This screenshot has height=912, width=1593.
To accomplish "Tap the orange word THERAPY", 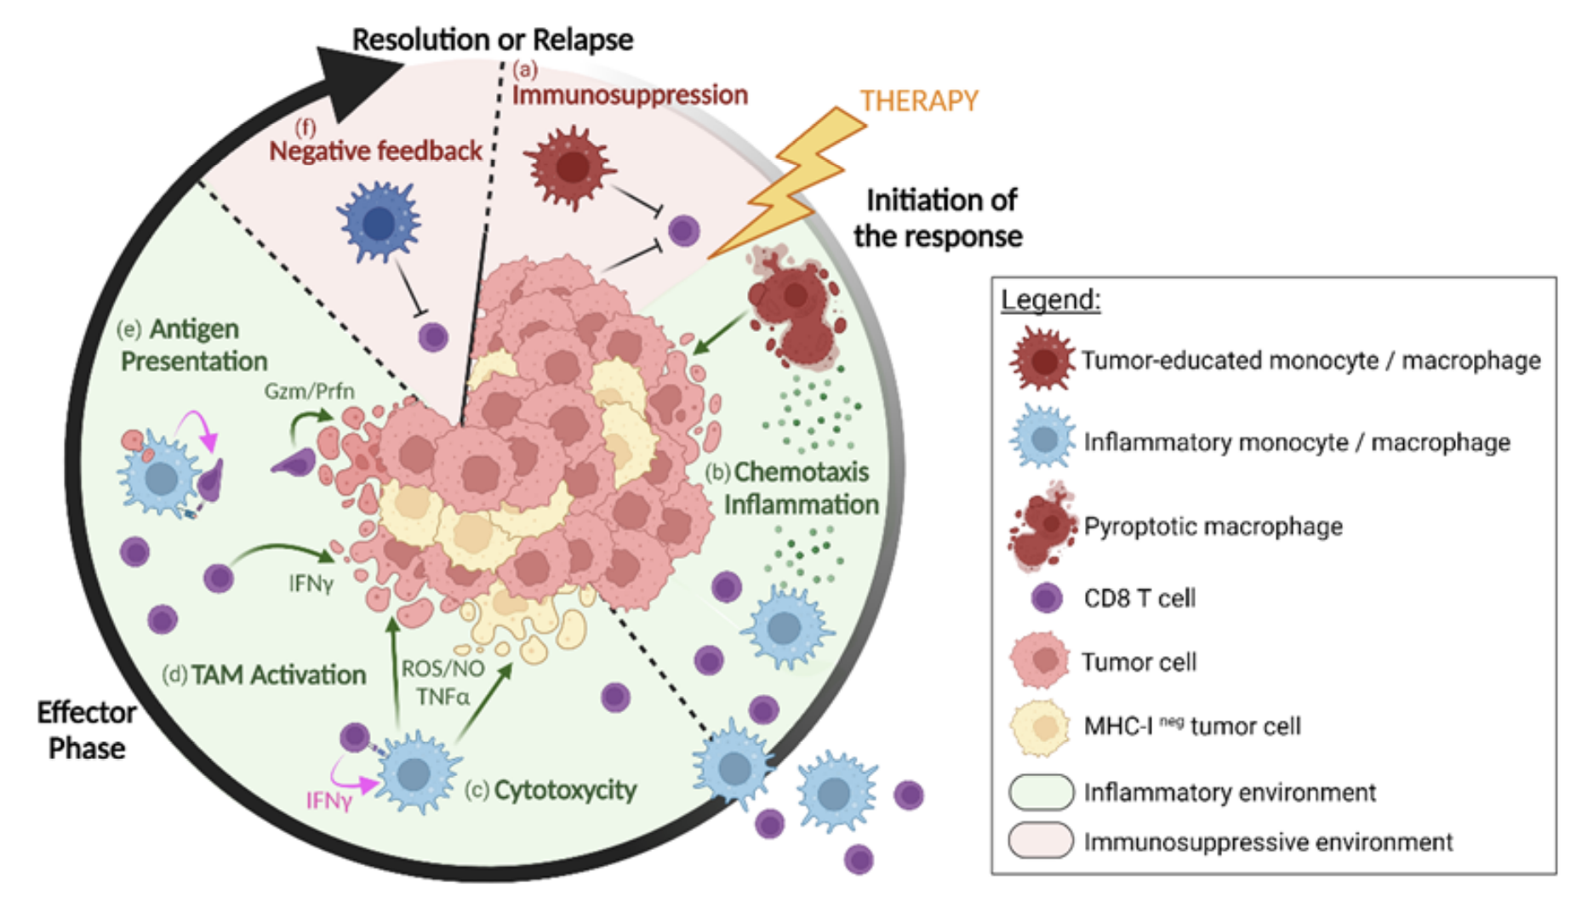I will pyautogui.click(x=919, y=101).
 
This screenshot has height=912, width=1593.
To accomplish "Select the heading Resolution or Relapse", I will pyautogui.click(x=493, y=39).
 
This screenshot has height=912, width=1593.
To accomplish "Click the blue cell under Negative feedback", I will pyautogui.click(x=380, y=223).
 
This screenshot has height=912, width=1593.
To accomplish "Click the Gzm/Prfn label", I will pyautogui.click(x=309, y=391).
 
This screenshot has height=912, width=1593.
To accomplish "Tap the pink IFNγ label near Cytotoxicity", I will pyautogui.click(x=328, y=801).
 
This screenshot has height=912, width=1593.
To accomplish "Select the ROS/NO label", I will pyautogui.click(x=442, y=669).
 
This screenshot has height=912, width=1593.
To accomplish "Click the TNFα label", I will pyautogui.click(x=442, y=698).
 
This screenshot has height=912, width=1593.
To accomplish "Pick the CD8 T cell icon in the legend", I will pyautogui.click(x=1047, y=598).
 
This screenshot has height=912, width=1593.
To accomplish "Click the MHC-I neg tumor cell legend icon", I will pyautogui.click(x=1040, y=727).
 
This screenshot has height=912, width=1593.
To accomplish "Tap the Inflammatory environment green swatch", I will pyautogui.click(x=1041, y=792).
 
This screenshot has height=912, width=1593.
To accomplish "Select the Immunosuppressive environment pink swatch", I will pyautogui.click(x=1041, y=841).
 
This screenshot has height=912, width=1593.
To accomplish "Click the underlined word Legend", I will pyautogui.click(x=1050, y=299).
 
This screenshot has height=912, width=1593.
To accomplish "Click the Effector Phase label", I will pyautogui.click(x=86, y=730).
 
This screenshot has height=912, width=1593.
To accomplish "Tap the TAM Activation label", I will pyautogui.click(x=278, y=675).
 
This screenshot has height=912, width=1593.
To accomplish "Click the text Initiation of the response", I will pyautogui.click(x=939, y=218).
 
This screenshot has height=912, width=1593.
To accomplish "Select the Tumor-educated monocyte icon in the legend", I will pyautogui.click(x=1042, y=361).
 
